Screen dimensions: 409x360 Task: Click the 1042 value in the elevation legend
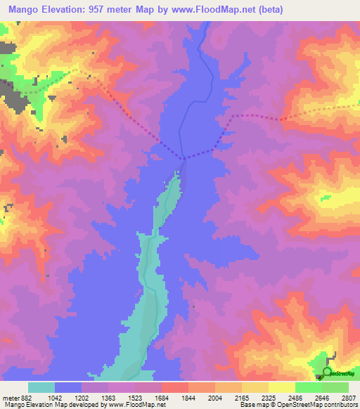point(55,398)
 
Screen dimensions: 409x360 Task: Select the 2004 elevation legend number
point(216,398)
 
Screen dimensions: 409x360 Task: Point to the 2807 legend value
point(349,398)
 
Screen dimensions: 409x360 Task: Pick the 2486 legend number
point(296,398)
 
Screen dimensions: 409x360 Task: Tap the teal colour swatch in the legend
point(41,387)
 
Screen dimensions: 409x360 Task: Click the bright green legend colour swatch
point(308,387)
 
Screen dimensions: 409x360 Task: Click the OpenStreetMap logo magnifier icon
point(327,372)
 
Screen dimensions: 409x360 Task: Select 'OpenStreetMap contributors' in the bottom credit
point(317,405)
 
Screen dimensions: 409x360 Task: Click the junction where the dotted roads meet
point(184,159)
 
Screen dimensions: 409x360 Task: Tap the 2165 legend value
point(243,398)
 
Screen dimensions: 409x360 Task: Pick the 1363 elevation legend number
point(108,398)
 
